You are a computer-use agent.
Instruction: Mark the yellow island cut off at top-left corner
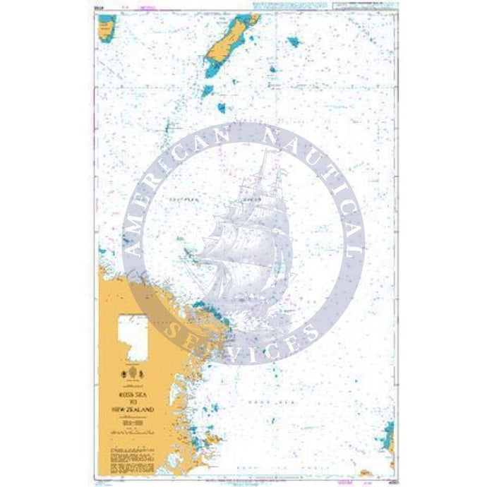(x=107, y=27)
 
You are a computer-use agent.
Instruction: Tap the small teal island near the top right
(x=292, y=42)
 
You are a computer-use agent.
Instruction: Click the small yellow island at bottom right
(x=366, y=473)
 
